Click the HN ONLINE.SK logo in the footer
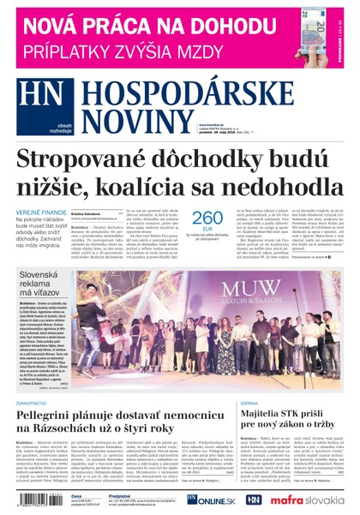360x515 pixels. pos(205,499)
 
